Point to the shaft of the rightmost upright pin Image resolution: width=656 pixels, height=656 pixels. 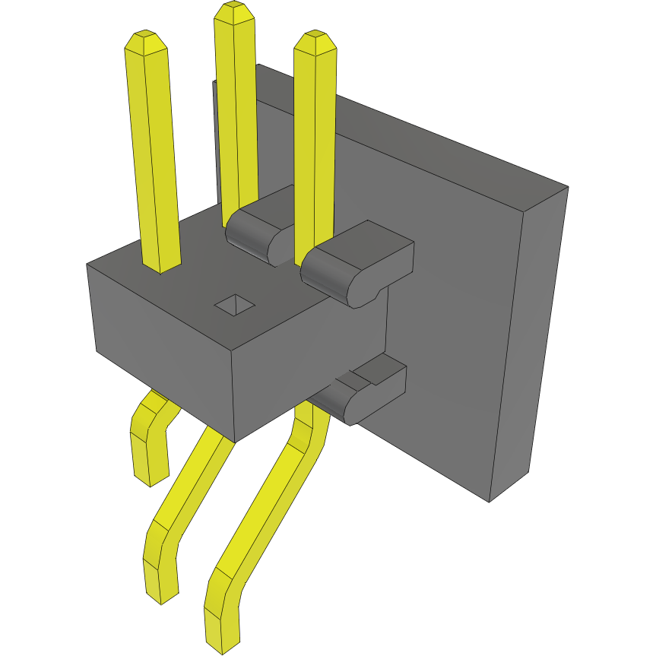[314, 152]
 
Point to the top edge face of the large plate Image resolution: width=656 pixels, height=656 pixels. [410, 125]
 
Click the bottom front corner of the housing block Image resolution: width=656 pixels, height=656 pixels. [235, 442]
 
